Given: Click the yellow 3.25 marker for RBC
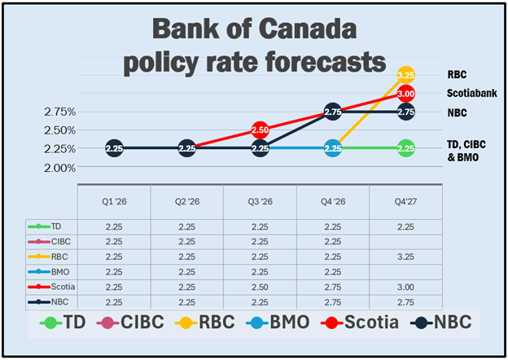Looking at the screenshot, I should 405,75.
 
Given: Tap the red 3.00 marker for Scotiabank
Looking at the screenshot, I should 405,94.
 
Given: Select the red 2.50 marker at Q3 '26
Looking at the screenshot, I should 260,130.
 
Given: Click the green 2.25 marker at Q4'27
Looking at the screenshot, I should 405,148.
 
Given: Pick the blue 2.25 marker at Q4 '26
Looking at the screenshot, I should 332,148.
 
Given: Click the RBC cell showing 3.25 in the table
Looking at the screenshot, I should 405,255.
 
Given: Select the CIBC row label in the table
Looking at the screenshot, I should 58,240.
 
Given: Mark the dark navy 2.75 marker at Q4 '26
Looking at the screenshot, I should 332,112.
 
